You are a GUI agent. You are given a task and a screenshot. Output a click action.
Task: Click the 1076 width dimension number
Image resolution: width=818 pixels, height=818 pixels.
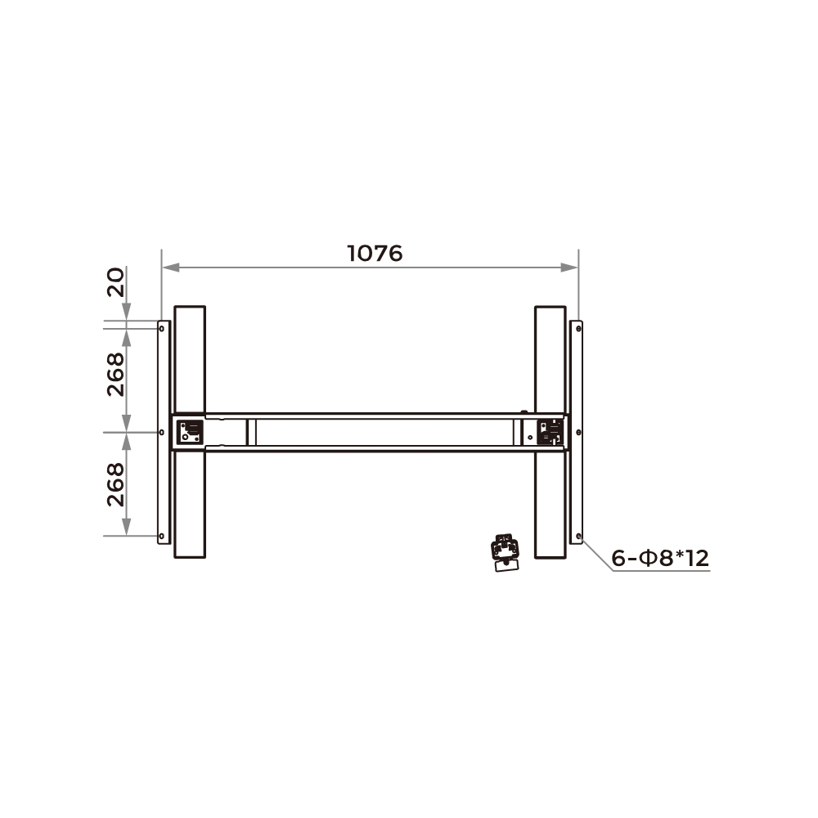pyautogui.click(x=375, y=254)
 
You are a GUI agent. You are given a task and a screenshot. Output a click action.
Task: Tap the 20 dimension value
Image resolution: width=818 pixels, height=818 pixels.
pyautogui.click(x=116, y=282)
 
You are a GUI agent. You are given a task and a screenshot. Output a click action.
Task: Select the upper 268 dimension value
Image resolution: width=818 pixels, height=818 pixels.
pyautogui.click(x=116, y=375)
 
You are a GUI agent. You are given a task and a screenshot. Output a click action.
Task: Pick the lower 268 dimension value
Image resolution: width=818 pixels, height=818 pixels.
pyautogui.click(x=116, y=484)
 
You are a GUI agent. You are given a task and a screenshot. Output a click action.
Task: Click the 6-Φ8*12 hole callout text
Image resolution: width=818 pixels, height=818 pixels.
pyautogui.click(x=660, y=558)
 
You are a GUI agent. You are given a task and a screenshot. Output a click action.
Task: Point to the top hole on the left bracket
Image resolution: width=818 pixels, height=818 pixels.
pyautogui.click(x=162, y=329)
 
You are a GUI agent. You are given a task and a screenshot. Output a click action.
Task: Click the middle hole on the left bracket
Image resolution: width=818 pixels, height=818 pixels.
pyautogui.click(x=162, y=433)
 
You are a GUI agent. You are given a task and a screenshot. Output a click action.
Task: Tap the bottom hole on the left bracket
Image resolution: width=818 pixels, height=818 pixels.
pyautogui.click(x=162, y=536)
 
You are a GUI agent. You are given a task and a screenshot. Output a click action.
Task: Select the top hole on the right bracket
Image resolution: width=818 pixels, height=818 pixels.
pyautogui.click(x=578, y=329)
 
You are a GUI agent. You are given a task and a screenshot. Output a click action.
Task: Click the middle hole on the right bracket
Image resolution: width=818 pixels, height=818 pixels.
pyautogui.click(x=578, y=433)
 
